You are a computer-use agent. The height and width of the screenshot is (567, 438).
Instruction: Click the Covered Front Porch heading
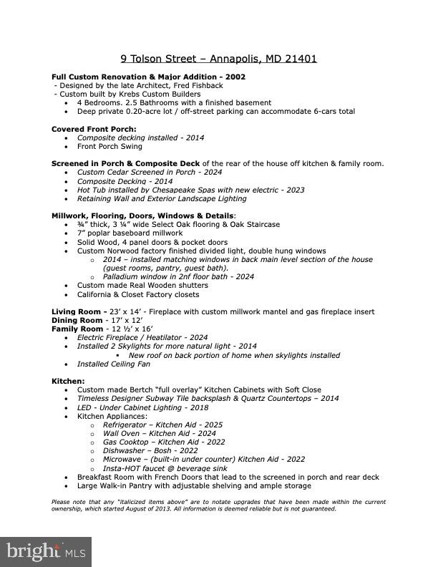pos(94,129)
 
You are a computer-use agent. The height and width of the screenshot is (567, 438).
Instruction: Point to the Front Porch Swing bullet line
pos(109,146)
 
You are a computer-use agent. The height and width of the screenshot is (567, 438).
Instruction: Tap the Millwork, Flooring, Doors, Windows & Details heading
pos(142,215)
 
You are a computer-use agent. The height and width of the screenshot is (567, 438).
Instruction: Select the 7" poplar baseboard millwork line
pos(130,233)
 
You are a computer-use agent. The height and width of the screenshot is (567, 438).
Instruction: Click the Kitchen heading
pos(68,381)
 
